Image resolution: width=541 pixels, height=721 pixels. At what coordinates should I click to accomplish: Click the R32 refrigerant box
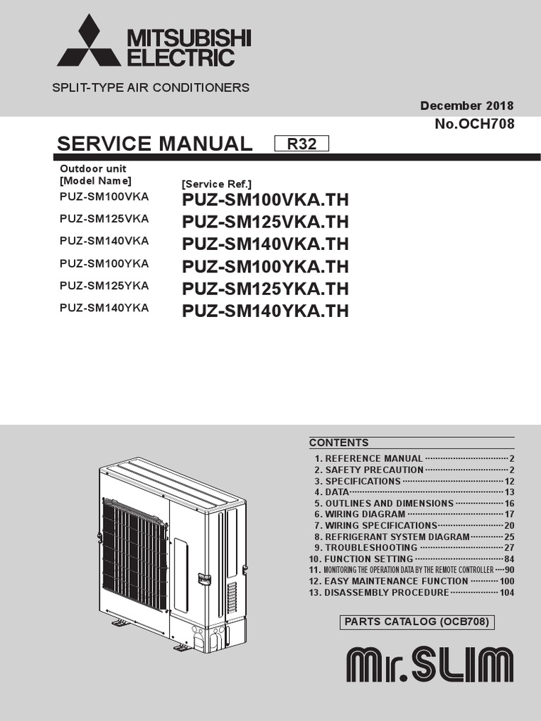pos(301,144)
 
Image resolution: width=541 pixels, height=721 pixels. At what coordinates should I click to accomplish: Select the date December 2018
pos(467,106)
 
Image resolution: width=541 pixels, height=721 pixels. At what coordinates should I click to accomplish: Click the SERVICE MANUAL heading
pos(154,144)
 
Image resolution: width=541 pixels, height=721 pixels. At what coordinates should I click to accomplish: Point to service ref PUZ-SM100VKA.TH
pos(265,200)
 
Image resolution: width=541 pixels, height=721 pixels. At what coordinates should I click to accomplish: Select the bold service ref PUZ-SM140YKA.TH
pos(265,311)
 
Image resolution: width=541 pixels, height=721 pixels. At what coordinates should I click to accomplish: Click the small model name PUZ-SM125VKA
pos(104,218)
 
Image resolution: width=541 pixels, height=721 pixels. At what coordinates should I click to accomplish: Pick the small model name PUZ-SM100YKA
pos(104,263)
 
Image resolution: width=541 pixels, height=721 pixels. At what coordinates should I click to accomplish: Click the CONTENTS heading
pos(339,443)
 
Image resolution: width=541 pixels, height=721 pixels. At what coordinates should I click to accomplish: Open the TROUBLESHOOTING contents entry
pos(371,548)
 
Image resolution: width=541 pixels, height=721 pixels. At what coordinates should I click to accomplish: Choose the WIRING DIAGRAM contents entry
pos(365,514)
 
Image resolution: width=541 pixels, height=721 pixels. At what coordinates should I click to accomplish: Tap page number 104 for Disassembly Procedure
pos(506,593)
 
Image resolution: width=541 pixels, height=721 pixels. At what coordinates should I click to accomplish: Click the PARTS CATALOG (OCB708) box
pos(416,622)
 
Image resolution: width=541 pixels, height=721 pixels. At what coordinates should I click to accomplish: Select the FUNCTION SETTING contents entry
pos(368,559)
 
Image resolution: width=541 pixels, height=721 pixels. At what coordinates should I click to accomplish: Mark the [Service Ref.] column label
pos(211,184)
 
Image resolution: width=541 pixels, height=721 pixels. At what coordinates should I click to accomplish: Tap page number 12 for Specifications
pos(509,481)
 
